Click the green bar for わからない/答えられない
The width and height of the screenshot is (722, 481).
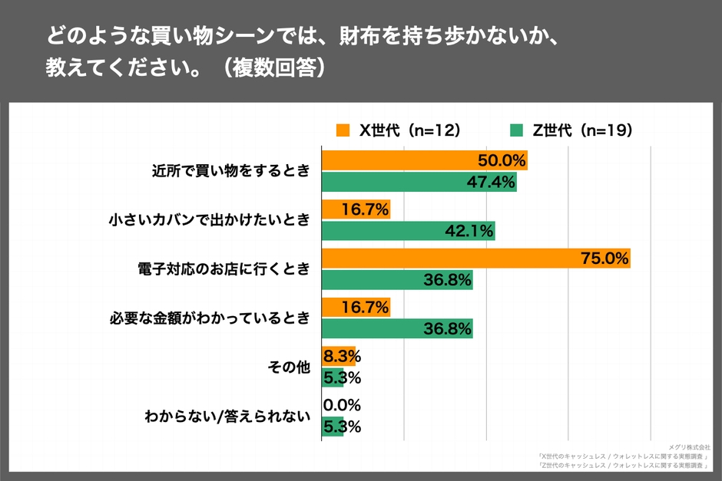click(332, 427)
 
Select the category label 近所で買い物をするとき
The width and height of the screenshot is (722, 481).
click(230, 172)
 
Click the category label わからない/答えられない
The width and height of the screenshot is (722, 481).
click(227, 417)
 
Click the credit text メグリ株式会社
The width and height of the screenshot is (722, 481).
click(689, 446)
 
